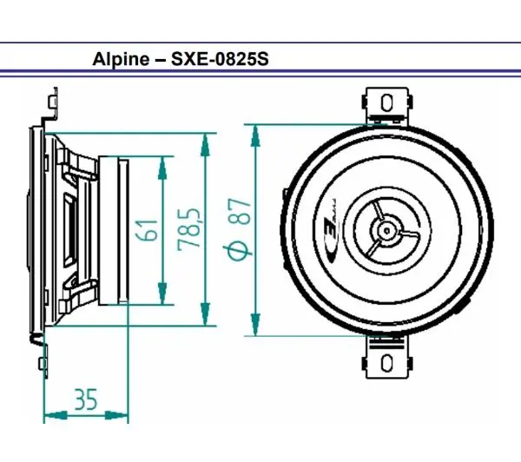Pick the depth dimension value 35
click(x=85, y=399)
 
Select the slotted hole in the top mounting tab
click(x=384, y=102)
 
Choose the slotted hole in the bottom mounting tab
click(x=384, y=360)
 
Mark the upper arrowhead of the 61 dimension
click(x=162, y=165)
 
